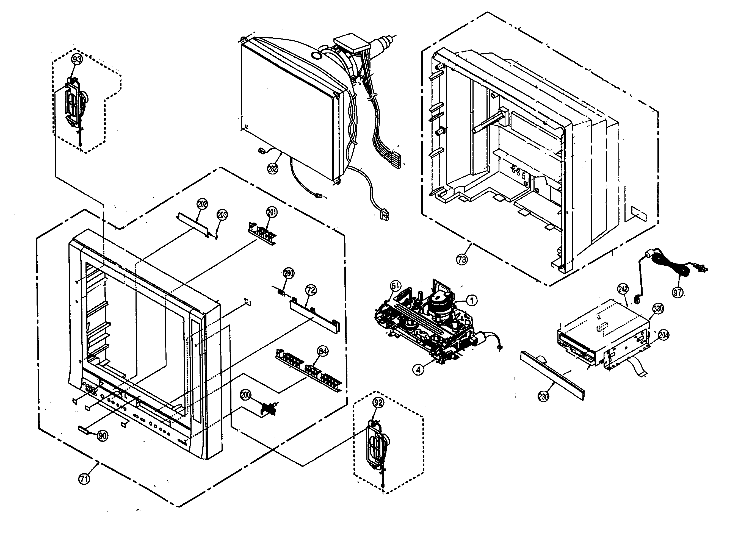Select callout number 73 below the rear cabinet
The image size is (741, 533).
pos(462,260)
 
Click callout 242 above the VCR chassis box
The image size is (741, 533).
pos(623,289)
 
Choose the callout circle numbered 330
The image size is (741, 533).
pos(658,309)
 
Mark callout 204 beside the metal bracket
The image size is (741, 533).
pos(663,335)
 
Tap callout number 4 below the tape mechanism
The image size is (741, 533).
pos(419,370)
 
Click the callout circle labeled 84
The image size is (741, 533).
pos(323,351)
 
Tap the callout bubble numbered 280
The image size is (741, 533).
pos(289,273)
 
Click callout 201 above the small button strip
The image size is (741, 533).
pos(272,213)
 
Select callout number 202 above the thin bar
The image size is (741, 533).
pos(202,204)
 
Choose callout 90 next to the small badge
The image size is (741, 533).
pos(103,436)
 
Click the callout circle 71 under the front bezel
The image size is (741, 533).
pos(84,479)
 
